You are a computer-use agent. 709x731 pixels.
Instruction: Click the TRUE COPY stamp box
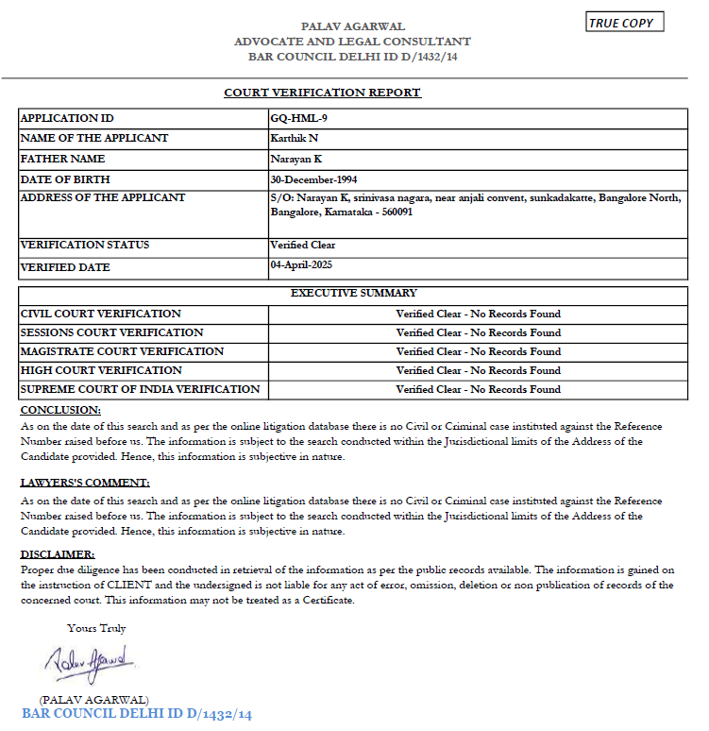(623, 23)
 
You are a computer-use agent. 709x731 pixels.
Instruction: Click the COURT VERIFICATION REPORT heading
(322, 93)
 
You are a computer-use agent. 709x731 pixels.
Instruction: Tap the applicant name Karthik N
(295, 138)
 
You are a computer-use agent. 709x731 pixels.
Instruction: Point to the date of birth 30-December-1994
(313, 178)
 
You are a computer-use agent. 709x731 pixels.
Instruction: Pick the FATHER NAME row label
(62, 159)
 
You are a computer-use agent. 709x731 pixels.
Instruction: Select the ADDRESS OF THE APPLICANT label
(103, 197)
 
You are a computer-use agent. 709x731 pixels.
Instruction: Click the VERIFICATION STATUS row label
(85, 246)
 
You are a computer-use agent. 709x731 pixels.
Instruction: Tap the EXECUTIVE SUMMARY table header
(354, 294)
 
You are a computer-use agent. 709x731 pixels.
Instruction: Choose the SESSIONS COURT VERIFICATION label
(111, 332)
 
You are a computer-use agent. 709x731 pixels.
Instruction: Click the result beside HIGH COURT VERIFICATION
(478, 370)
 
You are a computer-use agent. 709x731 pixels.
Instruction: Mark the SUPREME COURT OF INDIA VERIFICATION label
(140, 389)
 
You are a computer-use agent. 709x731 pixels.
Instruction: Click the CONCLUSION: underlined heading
(60, 410)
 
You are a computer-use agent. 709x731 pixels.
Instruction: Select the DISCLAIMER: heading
(58, 554)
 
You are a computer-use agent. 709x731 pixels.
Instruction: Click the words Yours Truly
(96, 628)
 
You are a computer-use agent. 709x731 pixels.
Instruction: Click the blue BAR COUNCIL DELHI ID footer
(137, 715)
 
